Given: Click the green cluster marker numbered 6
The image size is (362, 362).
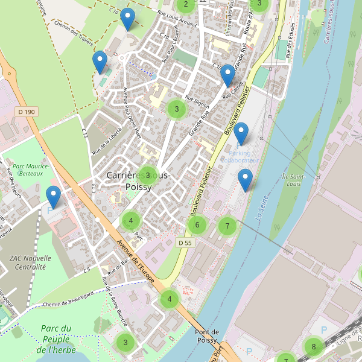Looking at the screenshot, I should coord(197,226).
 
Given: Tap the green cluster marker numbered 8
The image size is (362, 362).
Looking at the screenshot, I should coord(313,347).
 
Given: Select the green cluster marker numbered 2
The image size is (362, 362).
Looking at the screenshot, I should coord(185,5).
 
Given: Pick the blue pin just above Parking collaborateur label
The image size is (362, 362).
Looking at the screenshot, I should coord(241,133).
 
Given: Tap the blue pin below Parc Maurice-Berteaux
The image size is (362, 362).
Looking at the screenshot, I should coord(54,197).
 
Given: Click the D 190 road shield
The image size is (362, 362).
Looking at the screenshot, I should coord(27,112).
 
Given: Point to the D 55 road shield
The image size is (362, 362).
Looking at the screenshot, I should coord(185,243).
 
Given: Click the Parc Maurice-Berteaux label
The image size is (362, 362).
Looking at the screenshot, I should coord(31,170).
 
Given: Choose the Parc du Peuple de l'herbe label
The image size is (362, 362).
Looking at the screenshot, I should coord(57,338).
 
